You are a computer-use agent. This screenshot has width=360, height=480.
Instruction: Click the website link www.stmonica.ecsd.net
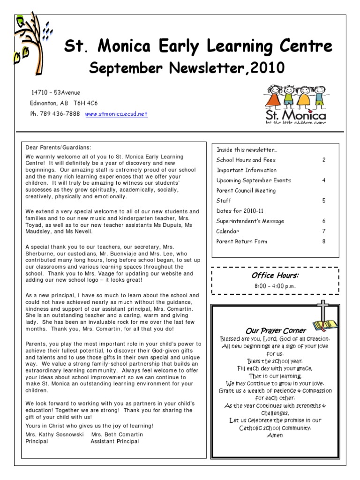point(116,114)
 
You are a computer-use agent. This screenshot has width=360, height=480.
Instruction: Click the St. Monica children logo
point(295,105)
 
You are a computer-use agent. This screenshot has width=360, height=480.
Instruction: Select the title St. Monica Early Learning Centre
point(198,47)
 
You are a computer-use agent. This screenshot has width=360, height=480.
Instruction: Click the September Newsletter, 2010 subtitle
point(187,68)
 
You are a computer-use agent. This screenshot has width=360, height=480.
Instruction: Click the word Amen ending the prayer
point(276,435)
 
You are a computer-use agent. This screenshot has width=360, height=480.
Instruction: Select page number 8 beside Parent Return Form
point(323,241)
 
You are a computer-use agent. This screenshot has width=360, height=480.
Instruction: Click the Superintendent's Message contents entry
point(250,221)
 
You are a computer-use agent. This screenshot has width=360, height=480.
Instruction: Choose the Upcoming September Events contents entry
point(253,180)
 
